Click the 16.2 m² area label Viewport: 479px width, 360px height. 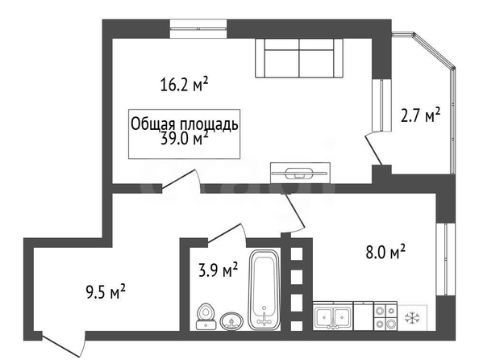184,85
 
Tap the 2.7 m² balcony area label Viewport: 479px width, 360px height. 420,115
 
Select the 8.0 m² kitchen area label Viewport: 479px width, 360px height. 385,252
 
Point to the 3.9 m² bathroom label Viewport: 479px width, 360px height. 218,270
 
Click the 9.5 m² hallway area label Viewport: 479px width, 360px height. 106,291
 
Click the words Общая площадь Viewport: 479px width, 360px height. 184,124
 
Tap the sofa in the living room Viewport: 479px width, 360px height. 299,58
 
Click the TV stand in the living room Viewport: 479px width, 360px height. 300,173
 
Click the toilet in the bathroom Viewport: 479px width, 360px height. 206,316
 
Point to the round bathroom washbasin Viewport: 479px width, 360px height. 231,320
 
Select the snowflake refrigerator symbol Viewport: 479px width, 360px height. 412,317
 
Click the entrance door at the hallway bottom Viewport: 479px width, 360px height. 62,345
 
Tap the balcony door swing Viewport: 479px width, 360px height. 373,149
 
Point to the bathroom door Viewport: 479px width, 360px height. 227,235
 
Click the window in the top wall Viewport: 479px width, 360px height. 198,29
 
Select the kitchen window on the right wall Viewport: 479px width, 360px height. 446,259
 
